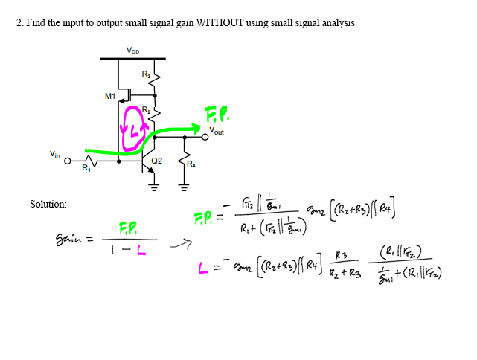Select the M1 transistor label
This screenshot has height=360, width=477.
[110, 96]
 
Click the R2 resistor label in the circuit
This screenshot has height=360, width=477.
[147, 110]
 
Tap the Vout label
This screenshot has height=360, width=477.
[217, 132]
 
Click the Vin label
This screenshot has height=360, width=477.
[55, 154]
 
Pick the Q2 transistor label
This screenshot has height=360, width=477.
[156, 161]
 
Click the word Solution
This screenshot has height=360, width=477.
[48, 204]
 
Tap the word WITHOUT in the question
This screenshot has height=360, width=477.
[220, 23]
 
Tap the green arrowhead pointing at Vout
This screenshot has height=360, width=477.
[199, 127]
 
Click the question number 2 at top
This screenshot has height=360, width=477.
[19, 23]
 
